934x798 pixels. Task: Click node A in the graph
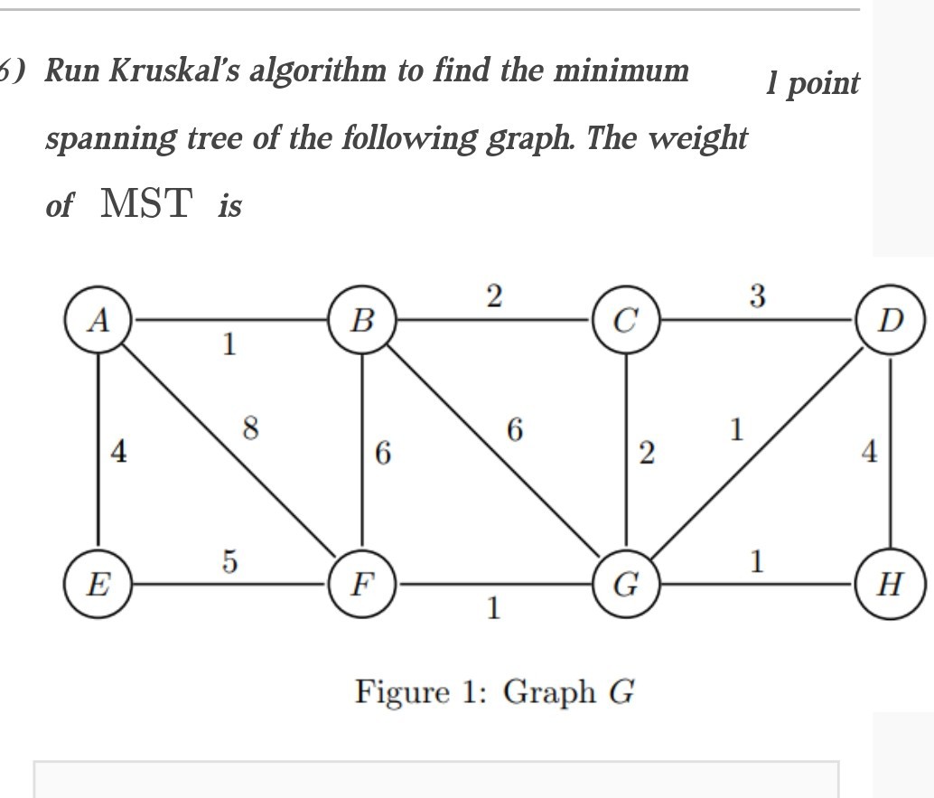(x=98, y=320)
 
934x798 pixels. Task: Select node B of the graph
(x=362, y=320)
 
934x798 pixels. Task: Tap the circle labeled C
(x=626, y=320)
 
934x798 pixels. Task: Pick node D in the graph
(x=890, y=320)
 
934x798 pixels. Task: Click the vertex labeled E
(x=98, y=584)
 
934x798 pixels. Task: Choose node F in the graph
(x=362, y=584)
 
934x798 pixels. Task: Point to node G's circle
(x=626, y=584)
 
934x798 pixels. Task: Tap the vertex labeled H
(x=890, y=584)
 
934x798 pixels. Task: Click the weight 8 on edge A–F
(x=251, y=428)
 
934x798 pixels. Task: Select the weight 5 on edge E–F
(x=230, y=561)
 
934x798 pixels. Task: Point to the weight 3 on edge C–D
(x=757, y=296)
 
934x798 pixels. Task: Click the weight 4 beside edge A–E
(x=118, y=451)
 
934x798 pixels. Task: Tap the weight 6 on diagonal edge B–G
(x=515, y=429)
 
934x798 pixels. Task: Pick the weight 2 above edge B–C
(x=494, y=296)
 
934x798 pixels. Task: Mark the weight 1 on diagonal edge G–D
(x=737, y=429)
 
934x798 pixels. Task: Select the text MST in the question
(x=146, y=202)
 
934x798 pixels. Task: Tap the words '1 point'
(x=812, y=83)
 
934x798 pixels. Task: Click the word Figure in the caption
(x=403, y=693)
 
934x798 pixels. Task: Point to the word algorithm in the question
(x=317, y=71)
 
